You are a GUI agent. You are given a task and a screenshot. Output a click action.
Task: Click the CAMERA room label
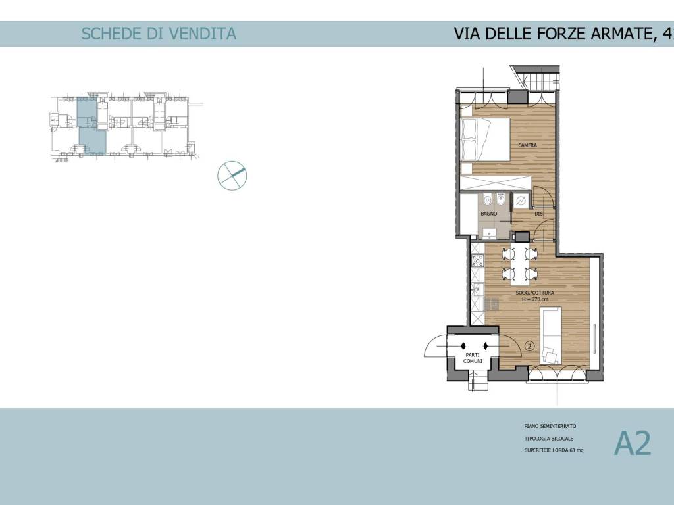527,145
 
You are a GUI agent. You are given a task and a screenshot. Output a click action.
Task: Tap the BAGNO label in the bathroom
488,214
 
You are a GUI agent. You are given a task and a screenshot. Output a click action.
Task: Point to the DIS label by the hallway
538,214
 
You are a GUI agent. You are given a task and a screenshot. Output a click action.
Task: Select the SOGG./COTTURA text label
534,292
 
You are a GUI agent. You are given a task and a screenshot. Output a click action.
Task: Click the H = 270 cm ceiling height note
534,299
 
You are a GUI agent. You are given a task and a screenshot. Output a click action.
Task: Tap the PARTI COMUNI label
473,358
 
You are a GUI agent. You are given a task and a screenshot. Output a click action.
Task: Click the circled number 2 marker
529,346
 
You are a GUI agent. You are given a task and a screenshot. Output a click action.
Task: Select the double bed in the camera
486,139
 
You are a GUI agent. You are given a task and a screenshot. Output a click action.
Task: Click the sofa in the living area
550,336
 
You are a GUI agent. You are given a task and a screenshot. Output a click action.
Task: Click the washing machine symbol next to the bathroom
521,201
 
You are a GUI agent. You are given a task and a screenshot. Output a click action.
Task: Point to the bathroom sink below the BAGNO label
490,232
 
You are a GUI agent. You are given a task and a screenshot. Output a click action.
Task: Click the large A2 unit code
633,444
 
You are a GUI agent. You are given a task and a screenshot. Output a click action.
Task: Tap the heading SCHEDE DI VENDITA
158,34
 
